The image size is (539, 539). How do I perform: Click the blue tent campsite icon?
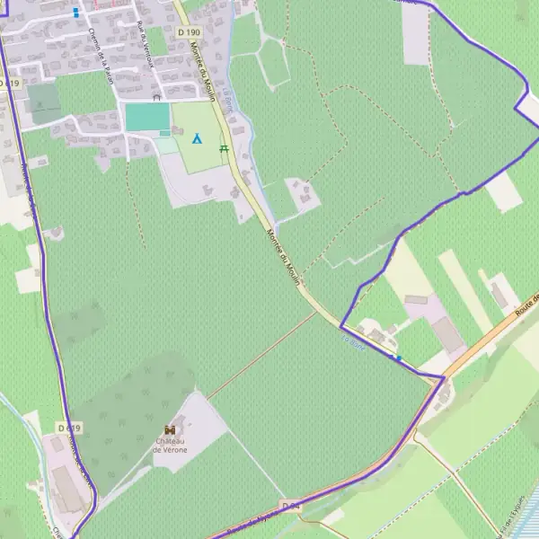[197, 139]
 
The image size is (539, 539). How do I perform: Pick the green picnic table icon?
[224, 148]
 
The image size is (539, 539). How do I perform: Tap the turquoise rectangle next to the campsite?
[146, 117]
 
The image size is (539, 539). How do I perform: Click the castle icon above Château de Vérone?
[170, 430]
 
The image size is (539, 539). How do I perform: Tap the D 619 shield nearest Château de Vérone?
[68, 428]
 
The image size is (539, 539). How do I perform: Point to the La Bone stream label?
[354, 341]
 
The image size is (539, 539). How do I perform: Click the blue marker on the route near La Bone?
[398, 358]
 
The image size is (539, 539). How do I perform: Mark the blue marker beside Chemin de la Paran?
[75, 13]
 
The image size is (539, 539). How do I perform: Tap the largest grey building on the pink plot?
[447, 334]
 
